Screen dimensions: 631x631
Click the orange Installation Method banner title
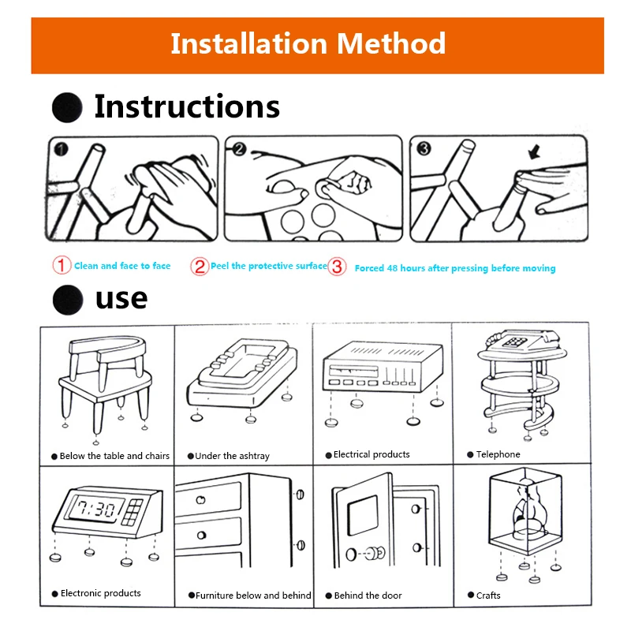point(308,43)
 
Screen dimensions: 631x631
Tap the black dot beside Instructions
point(67,107)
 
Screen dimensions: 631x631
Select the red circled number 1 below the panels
point(62,266)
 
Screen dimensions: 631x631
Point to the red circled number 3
point(337,267)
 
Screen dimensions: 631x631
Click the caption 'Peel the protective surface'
point(268,266)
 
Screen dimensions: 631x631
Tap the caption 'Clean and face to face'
point(122,266)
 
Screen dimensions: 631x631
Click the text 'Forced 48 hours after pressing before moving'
point(455,268)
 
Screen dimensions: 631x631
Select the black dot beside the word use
point(67,299)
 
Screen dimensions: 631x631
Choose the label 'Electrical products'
point(372,454)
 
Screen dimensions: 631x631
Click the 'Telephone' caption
point(498,454)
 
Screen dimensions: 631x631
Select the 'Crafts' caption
point(488,596)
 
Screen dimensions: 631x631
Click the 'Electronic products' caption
point(100,593)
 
